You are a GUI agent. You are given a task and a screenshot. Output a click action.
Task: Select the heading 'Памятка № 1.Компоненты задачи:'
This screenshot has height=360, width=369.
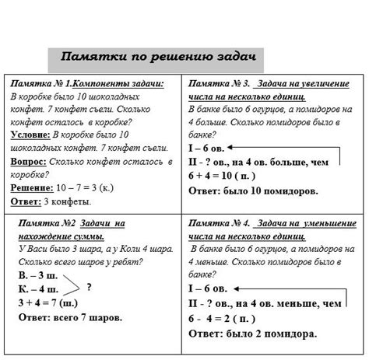(87, 83)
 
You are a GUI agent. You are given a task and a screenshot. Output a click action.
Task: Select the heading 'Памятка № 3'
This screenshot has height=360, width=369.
(219, 83)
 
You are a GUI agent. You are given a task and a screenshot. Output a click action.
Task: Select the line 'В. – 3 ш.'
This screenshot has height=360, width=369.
(37, 276)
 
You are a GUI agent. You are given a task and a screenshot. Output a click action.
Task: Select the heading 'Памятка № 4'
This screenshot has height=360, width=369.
(221, 223)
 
